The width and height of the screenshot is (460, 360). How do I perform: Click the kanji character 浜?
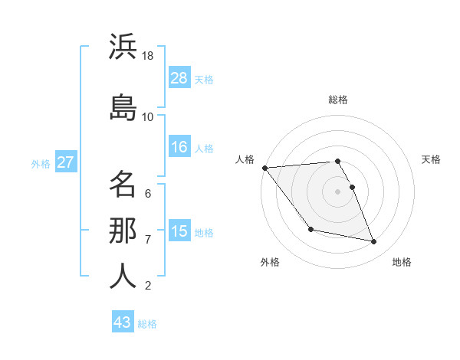click(x=123, y=47)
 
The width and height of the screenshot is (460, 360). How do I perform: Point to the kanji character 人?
click(x=123, y=276)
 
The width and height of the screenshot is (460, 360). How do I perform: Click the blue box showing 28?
click(x=179, y=78)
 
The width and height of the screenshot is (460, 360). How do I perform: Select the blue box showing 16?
click(x=179, y=147)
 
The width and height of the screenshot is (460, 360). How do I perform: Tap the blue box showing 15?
click(x=179, y=231)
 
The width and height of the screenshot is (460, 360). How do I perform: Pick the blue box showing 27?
click(x=66, y=162)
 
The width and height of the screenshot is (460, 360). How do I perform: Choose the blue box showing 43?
click(x=123, y=322)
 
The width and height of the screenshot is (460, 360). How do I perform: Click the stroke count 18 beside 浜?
click(x=148, y=56)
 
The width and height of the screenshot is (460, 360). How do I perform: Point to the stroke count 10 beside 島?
click(x=148, y=116)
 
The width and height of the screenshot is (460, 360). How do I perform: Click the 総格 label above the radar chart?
click(x=338, y=100)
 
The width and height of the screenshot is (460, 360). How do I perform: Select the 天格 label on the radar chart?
click(x=432, y=159)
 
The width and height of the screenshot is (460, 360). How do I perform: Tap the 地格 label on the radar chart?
click(x=402, y=262)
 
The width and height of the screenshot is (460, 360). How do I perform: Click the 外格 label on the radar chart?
click(x=270, y=262)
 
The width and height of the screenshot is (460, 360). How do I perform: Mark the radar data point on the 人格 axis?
click(x=264, y=168)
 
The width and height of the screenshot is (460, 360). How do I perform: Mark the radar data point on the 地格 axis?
click(x=374, y=242)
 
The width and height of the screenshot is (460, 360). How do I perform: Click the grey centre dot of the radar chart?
click(x=338, y=191)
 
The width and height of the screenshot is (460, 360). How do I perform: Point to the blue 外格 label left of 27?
click(x=40, y=163)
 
